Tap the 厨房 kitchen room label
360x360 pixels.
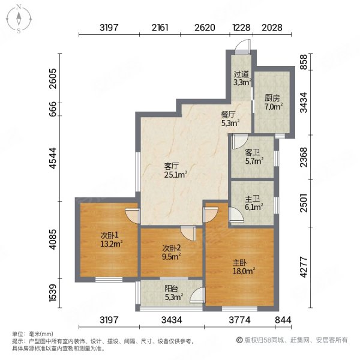point(273,103)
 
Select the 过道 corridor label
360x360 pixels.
point(241,79)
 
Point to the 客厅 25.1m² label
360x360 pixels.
point(176,170)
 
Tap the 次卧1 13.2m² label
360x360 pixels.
point(111,239)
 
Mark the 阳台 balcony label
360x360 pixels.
point(172,291)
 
